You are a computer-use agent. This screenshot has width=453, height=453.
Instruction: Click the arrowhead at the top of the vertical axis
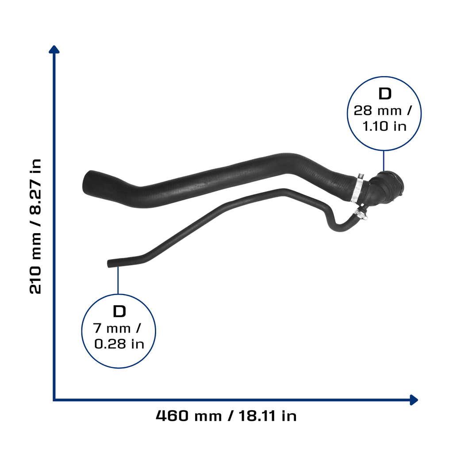(54, 50)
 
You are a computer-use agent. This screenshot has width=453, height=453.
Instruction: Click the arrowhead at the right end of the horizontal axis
(414, 400)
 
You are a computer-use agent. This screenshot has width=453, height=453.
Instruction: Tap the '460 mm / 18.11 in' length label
(226, 416)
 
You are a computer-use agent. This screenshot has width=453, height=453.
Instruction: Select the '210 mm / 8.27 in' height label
(35, 226)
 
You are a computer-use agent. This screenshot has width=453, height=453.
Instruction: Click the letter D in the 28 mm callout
(385, 94)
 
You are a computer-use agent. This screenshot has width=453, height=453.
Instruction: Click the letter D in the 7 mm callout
(119, 311)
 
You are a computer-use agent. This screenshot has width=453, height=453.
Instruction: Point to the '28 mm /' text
(383, 111)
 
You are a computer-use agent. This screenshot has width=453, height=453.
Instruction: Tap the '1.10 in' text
(384, 126)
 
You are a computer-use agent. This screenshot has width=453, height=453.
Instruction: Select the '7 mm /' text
(117, 328)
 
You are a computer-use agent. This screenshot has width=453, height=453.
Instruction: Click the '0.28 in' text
(119, 344)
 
